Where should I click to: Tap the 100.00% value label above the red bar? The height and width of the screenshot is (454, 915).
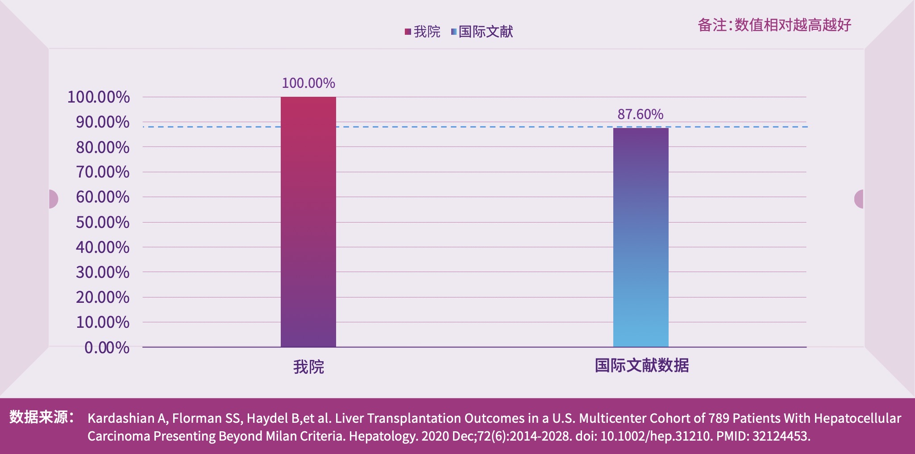point(308,83)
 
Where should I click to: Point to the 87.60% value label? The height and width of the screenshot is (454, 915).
point(640,115)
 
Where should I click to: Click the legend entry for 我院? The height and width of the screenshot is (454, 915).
point(422,32)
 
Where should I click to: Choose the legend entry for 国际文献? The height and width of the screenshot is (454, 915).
point(482,32)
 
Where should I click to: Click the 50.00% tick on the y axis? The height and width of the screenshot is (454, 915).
point(103,222)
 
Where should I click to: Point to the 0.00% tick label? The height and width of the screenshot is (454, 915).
point(107,347)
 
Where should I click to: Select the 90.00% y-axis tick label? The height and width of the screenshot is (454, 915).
point(103,122)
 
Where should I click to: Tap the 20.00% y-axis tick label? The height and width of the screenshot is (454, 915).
point(103,297)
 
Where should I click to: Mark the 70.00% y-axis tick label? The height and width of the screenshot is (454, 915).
point(103,172)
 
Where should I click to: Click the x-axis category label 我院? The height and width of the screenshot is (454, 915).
point(308,367)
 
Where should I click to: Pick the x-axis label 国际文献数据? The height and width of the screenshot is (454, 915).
point(641,366)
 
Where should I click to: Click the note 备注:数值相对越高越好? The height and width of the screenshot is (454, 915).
point(774,25)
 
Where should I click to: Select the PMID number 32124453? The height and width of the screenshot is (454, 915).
point(781,436)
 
